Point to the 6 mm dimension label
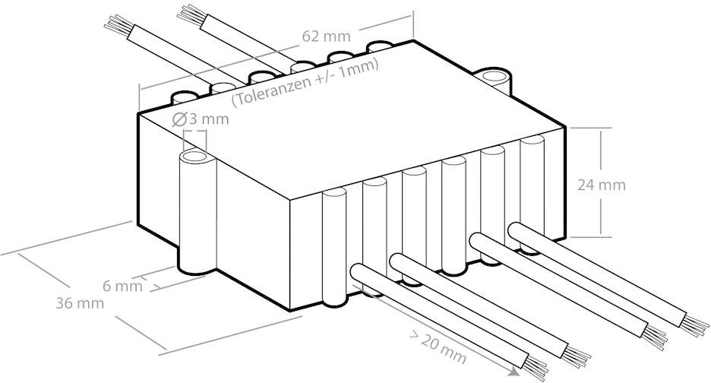122,286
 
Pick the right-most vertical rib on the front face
532,182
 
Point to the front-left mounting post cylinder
196,213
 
